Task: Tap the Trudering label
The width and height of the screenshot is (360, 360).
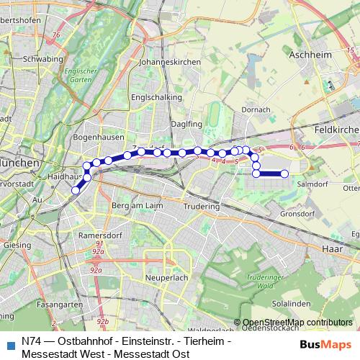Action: pyautogui.click(x=201, y=206)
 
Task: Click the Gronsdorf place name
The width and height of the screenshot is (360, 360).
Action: pyautogui.click(x=297, y=214)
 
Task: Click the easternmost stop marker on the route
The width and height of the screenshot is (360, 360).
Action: pyautogui.click(x=284, y=174)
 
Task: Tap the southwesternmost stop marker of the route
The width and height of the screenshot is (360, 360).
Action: pyautogui.click(x=75, y=190)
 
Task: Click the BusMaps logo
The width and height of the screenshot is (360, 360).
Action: pyautogui.click(x=325, y=345)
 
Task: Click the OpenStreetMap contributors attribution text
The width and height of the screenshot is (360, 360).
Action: pyautogui.click(x=297, y=323)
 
